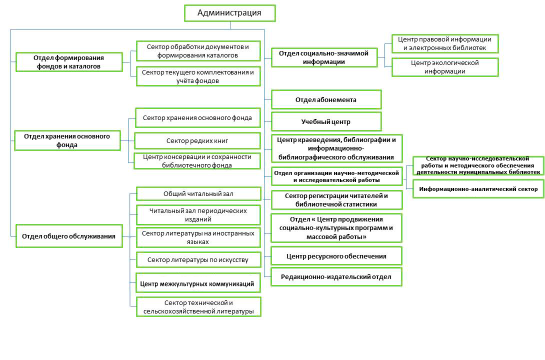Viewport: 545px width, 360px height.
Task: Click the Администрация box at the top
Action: coord(229,13)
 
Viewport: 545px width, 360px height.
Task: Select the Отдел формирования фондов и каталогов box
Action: coord(69,62)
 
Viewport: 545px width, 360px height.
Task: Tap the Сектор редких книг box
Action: coord(197,140)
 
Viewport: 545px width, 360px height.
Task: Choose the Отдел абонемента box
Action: coord(326,99)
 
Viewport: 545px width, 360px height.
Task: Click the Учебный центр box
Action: coord(326,121)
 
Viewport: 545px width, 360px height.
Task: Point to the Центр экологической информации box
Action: coord(445,67)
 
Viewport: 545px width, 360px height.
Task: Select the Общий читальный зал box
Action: coord(198,193)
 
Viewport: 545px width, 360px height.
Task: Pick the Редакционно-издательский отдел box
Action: coord(336,276)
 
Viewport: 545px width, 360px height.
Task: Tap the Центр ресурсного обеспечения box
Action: coord(336,256)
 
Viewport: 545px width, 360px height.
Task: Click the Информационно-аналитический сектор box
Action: coord(478,189)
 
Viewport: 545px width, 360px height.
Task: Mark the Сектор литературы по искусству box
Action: coord(198,260)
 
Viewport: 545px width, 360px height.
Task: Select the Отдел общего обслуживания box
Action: coord(69,236)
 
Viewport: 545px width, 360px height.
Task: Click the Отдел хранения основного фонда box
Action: coord(67,140)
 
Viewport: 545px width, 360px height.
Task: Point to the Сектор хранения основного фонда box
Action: coord(197,118)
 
